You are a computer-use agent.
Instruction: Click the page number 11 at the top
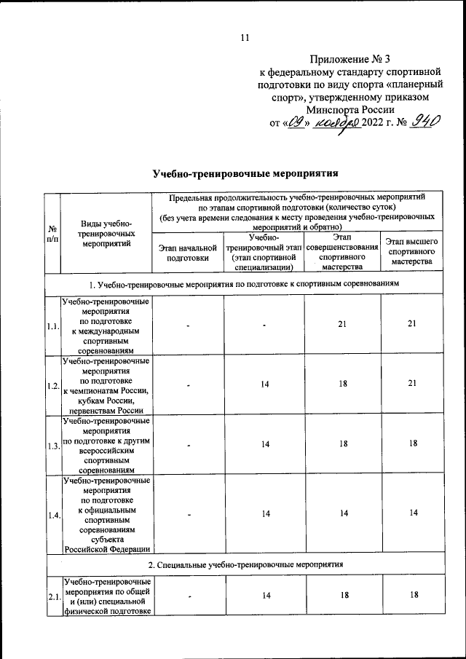click(x=244, y=38)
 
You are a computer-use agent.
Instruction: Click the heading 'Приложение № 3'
click(x=351, y=59)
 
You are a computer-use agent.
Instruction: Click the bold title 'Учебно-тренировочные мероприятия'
click(x=246, y=174)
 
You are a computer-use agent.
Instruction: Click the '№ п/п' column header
click(x=52, y=233)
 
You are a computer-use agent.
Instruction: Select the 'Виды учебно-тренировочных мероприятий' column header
click(x=106, y=233)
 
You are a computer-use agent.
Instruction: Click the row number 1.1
click(x=52, y=325)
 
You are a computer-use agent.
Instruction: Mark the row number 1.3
click(x=52, y=445)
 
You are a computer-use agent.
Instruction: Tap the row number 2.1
click(x=52, y=597)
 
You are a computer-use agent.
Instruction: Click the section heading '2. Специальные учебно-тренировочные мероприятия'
click(x=246, y=565)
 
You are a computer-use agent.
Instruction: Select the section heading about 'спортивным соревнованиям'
click(x=246, y=282)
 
